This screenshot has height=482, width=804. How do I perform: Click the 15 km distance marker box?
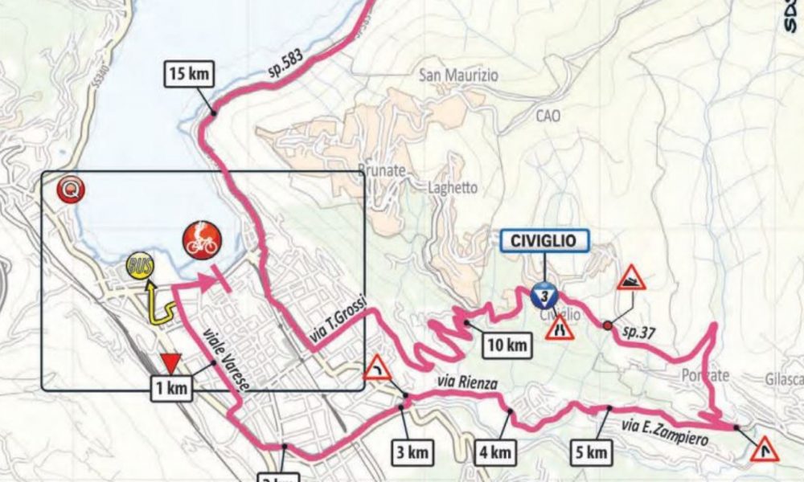[x=191, y=75]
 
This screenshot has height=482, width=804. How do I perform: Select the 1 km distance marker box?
[x=172, y=389]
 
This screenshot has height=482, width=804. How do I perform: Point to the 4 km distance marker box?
[x=493, y=452]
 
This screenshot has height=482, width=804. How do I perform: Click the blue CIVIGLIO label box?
[x=544, y=239]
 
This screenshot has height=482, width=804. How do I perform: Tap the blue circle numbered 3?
[x=544, y=296]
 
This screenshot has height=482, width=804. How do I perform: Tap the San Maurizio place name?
[x=459, y=76]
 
